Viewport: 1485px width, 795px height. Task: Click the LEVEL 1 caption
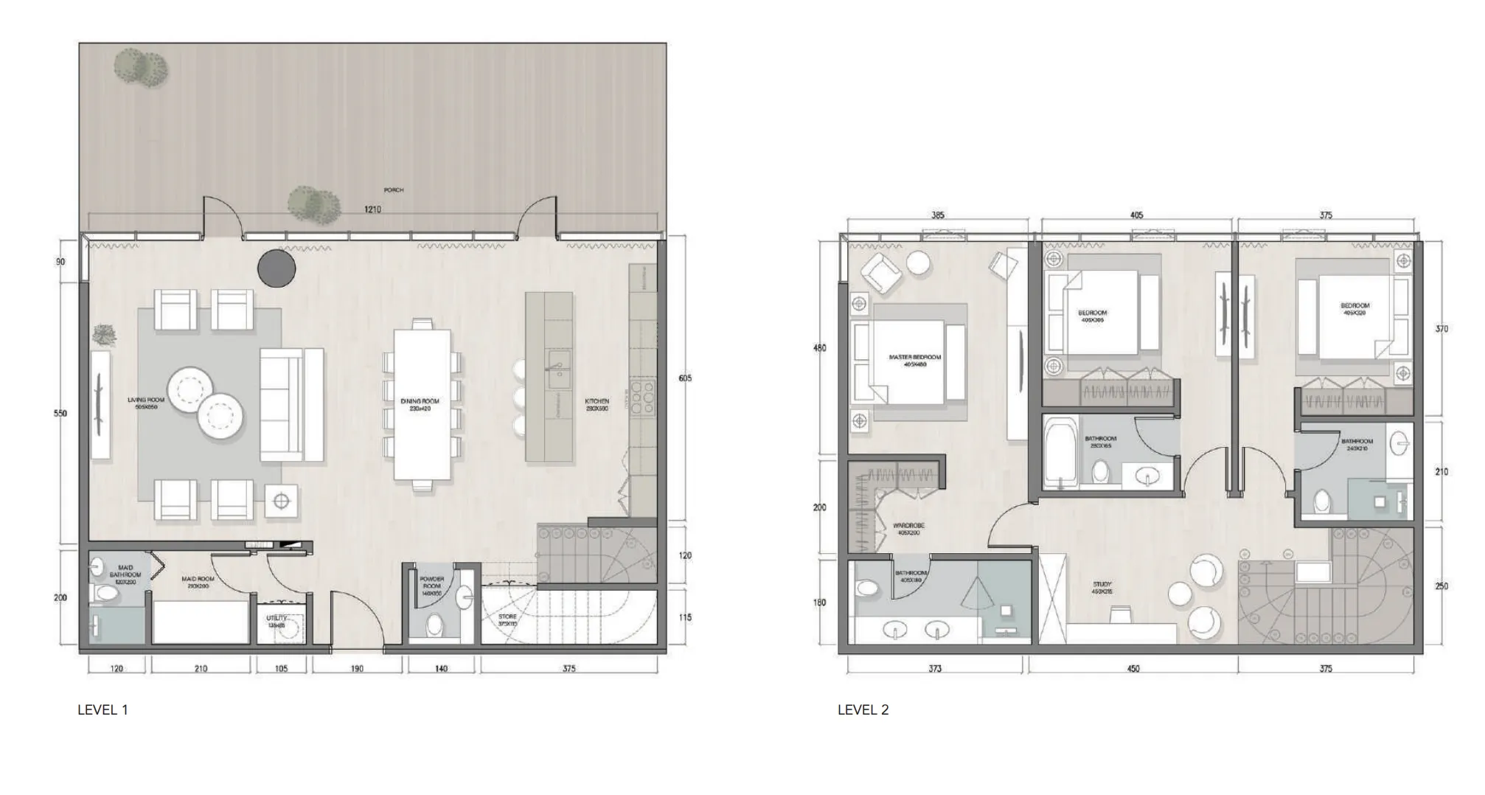click(102, 709)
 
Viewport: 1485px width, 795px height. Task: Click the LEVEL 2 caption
click(863, 709)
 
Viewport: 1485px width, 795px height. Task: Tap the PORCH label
click(394, 190)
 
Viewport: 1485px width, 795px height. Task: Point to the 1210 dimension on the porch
click(373, 209)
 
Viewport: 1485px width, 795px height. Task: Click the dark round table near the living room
click(277, 268)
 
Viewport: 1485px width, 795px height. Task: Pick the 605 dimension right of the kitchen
click(685, 378)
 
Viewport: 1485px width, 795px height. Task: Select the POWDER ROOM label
click(432, 583)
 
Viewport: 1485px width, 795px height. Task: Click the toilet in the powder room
click(435, 625)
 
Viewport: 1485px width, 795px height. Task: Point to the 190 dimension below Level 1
click(357, 669)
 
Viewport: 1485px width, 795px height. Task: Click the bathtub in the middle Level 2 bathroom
click(1060, 451)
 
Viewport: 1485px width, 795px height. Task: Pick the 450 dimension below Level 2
click(1133, 669)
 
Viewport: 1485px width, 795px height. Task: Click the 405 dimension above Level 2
click(1137, 215)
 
